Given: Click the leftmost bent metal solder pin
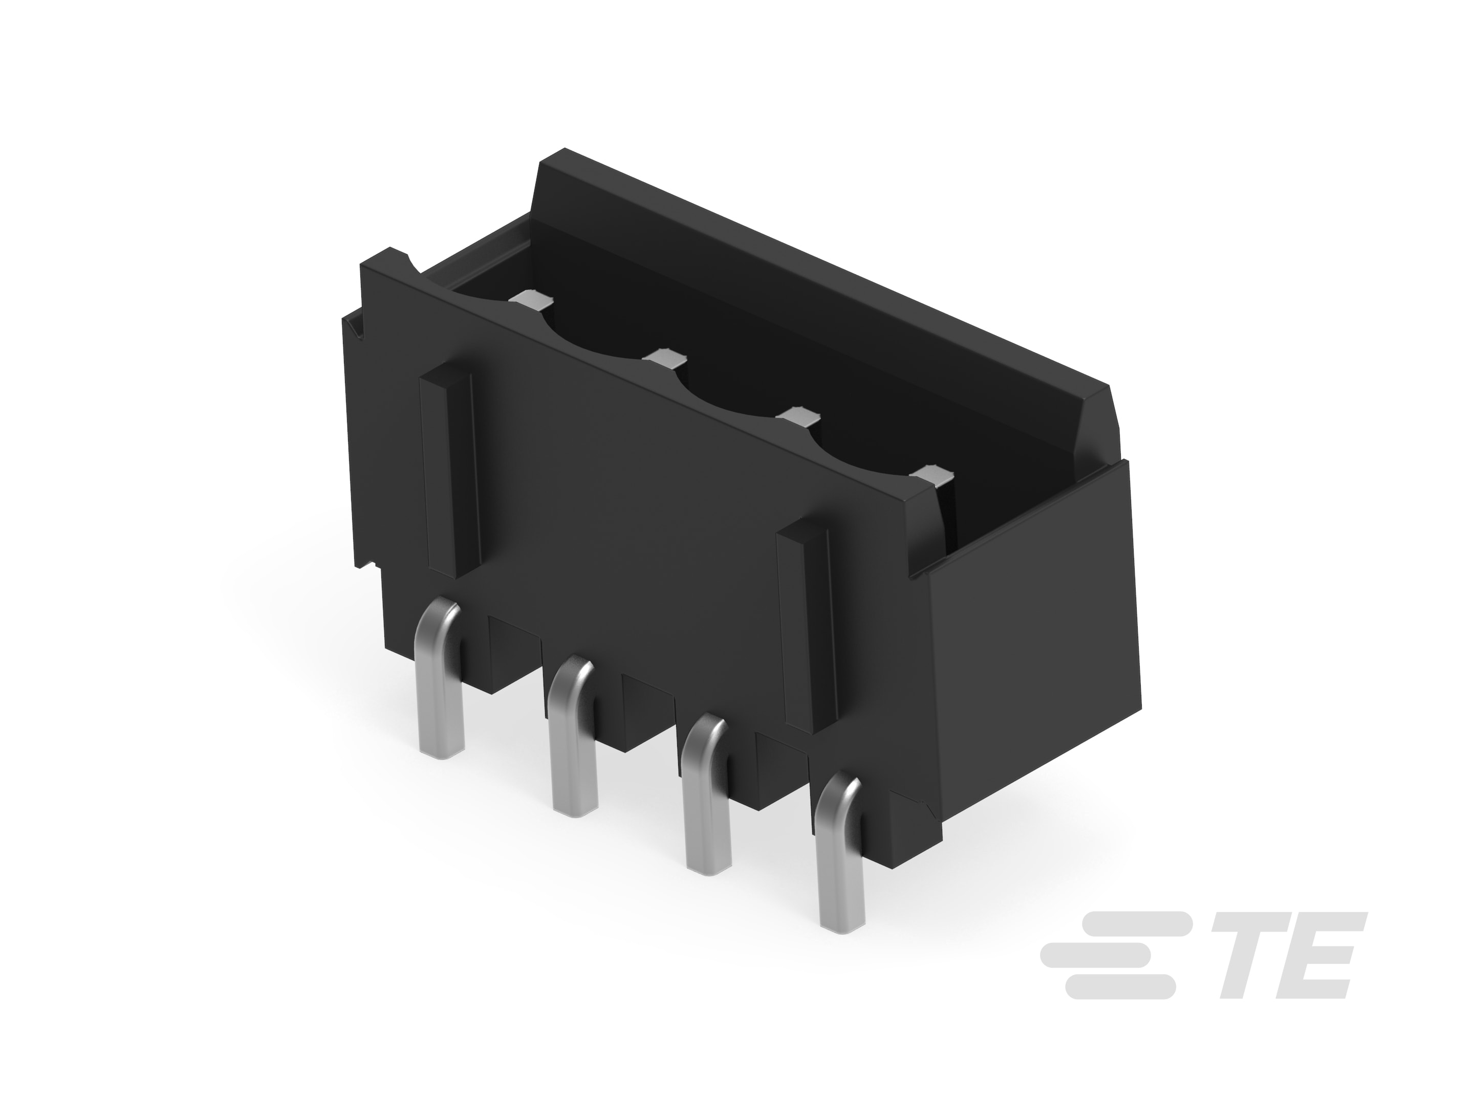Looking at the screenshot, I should pyautogui.click(x=440, y=686).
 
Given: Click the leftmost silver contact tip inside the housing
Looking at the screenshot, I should pyautogui.click(x=531, y=300).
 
